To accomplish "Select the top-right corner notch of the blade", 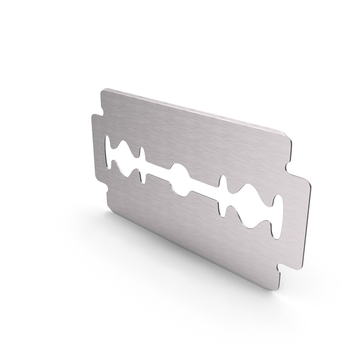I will (295, 158).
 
